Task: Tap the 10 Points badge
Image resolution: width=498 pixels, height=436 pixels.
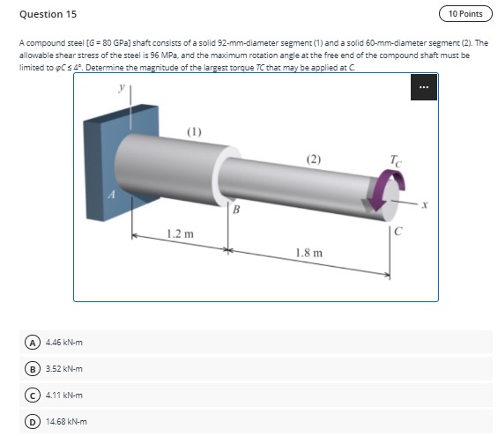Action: tap(465, 14)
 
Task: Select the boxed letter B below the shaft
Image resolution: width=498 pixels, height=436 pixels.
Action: tap(235, 209)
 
